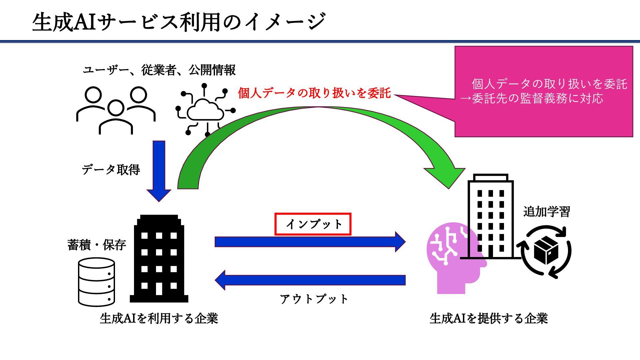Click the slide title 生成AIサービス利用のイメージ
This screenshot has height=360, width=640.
[x=179, y=22]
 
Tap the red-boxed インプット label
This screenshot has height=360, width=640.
[x=313, y=224]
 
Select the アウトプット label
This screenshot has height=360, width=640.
[x=314, y=299]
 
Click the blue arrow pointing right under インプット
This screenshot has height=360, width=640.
[x=310, y=242]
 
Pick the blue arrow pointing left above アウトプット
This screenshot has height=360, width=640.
[x=310, y=280]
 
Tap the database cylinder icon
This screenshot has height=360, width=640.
[x=97, y=282]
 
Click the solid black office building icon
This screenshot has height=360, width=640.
[x=159, y=259]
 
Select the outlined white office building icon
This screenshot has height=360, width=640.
[x=490, y=217]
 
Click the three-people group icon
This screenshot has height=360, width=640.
[x=116, y=110]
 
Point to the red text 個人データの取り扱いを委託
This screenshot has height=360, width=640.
[x=314, y=93]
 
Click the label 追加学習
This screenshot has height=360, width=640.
[x=546, y=212]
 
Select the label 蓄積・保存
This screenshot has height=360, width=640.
[x=97, y=245]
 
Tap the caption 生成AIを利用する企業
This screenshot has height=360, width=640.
[x=159, y=319]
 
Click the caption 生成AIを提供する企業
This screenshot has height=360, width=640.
[x=489, y=319]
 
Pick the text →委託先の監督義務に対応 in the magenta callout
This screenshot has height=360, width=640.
[x=532, y=99]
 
